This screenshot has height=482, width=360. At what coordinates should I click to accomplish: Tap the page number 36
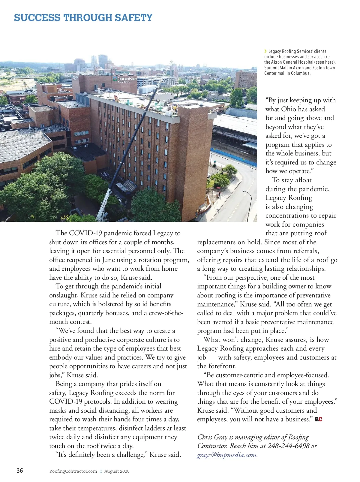tap(19, 470)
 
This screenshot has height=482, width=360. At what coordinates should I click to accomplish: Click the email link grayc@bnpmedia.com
tap(227, 455)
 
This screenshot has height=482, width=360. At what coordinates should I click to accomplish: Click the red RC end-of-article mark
tap(319, 419)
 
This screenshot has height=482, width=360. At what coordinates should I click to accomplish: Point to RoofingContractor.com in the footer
tap(73, 471)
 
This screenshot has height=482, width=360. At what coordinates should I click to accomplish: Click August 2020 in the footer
tap(117, 471)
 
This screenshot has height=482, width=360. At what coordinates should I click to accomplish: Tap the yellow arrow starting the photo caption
tap(265, 51)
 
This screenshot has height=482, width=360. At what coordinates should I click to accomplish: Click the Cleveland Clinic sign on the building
tap(124, 79)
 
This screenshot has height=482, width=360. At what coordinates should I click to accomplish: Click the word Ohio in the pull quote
tap(289, 109)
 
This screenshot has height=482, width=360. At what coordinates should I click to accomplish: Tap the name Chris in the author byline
tap(205, 437)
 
